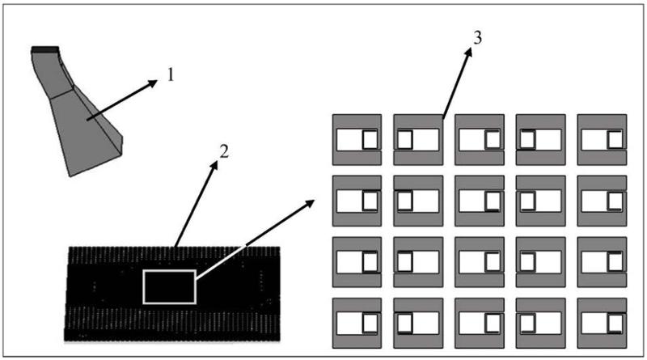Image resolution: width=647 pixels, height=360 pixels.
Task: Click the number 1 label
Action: tap(171, 78)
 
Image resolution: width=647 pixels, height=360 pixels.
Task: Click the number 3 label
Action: tap(477, 42)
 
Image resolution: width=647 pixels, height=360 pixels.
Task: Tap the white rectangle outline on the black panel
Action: tap(169, 286)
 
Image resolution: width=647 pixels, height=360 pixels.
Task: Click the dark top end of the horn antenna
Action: tap(44, 50)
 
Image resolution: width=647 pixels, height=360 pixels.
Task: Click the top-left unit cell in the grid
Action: tap(356, 139)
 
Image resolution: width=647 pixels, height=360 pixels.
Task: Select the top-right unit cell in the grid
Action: tap(601, 139)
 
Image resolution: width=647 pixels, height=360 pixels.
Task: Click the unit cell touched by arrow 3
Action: tap(417, 139)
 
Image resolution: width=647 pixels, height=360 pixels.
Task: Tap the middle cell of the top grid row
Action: tap(479, 139)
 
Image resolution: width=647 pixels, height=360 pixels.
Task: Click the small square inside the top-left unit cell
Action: tap(370, 140)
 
